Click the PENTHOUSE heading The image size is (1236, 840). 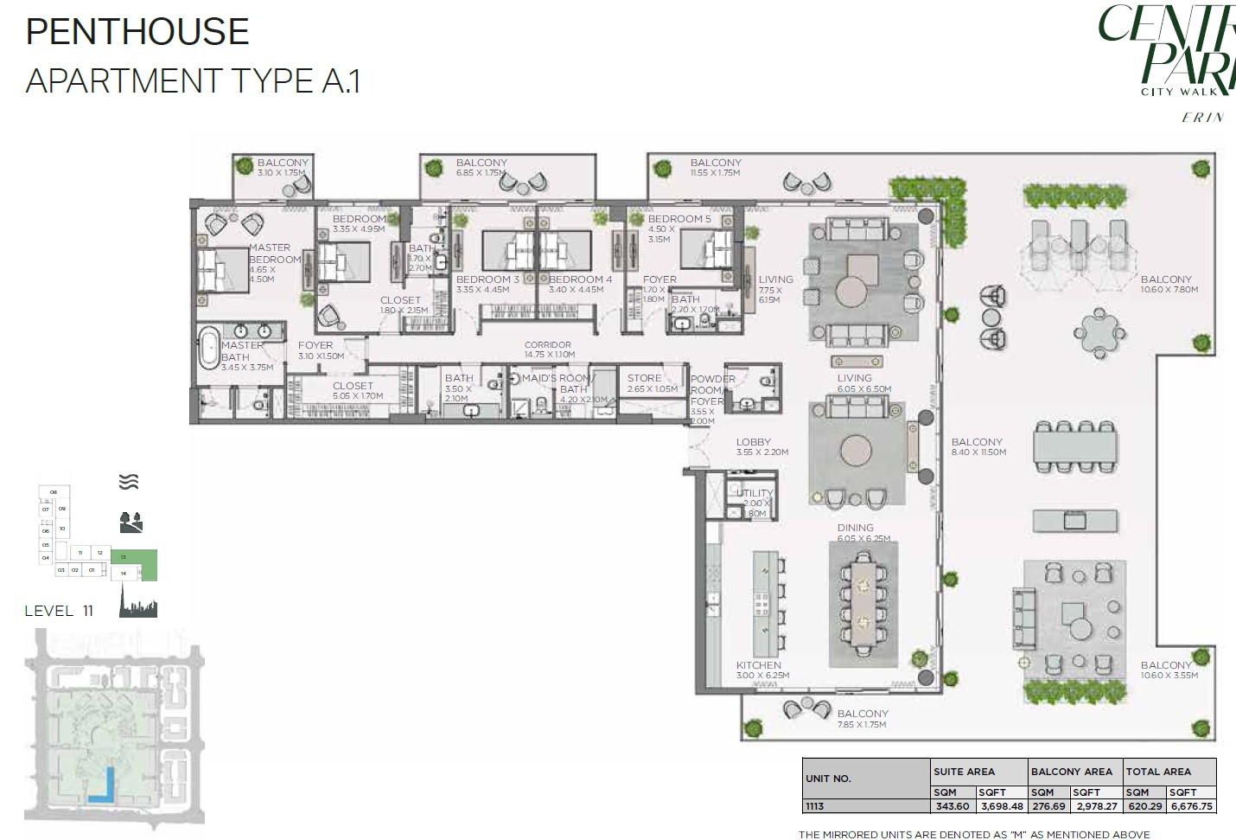pos(137,32)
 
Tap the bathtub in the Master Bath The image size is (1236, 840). pos(211,348)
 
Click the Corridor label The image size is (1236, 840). pos(548,345)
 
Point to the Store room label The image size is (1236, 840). pos(644,379)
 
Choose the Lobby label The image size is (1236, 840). pos(754,442)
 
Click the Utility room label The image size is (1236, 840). pos(755,493)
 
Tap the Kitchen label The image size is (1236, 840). pos(759,665)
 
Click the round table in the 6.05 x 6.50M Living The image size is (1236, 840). pos(857,450)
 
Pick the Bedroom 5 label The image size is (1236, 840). pos(679,219)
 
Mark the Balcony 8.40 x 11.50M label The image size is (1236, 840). pos(977,442)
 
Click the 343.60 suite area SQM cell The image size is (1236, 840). pos(952,806)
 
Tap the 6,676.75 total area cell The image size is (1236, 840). pos(1192,806)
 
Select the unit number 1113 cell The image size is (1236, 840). pos(815,806)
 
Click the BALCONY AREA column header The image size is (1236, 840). pos(1072,771)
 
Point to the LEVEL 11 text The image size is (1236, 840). pos(59,611)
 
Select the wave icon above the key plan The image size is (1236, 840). pos(129,482)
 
